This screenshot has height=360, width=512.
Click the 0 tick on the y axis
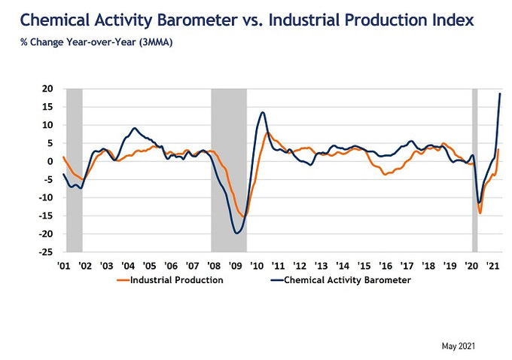tap(49, 161)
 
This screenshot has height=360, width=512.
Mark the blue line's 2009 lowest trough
tap(238, 233)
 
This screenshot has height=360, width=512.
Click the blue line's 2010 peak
tap(263, 112)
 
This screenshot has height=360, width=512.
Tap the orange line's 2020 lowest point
tap(480, 213)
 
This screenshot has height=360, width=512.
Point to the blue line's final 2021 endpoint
tap(501, 93)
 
